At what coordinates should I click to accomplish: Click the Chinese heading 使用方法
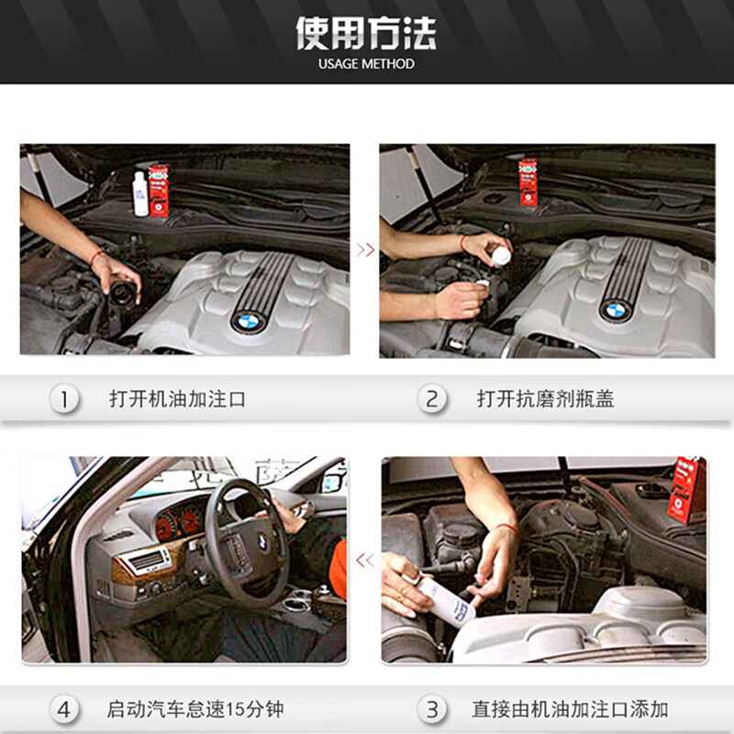click(x=366, y=33)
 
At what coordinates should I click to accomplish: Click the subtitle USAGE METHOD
click(x=366, y=64)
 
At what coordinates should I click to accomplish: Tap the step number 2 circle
click(x=432, y=399)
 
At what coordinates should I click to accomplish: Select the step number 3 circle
click(x=432, y=709)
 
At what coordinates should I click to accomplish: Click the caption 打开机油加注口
click(x=177, y=399)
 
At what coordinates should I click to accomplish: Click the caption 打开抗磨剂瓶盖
click(x=545, y=399)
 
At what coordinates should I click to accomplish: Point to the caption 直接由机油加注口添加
click(x=570, y=709)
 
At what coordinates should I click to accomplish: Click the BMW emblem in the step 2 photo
click(x=615, y=311)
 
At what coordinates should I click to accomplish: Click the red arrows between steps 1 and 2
click(x=365, y=250)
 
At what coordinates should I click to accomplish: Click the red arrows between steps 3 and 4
click(x=365, y=560)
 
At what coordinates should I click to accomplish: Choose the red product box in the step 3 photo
click(x=686, y=490)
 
